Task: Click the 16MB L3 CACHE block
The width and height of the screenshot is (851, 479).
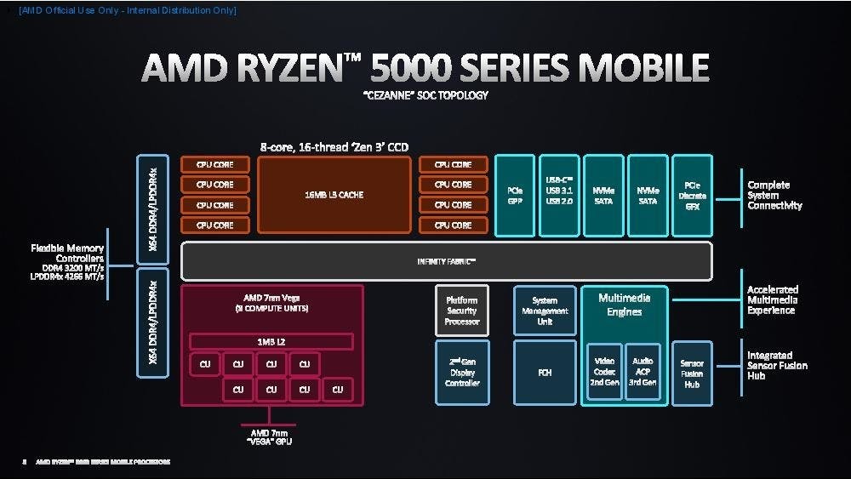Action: [334, 195]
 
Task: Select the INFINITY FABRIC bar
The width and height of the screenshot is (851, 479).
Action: [447, 260]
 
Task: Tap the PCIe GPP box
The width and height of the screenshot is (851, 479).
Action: [515, 195]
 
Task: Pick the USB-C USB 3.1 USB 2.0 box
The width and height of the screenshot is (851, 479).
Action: [559, 195]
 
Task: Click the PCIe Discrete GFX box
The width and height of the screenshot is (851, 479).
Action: [692, 195]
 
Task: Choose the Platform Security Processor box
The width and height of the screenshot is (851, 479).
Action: [462, 311]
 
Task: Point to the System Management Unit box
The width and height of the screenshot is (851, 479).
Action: [545, 311]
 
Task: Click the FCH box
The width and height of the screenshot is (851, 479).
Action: [545, 373]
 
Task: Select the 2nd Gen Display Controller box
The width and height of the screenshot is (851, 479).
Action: [462, 373]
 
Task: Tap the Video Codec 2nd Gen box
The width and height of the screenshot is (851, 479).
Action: [605, 372]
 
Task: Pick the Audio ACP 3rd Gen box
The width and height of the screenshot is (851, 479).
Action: [643, 372]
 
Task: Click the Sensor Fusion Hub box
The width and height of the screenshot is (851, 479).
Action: [692, 373]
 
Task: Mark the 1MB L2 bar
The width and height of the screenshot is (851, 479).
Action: [271, 341]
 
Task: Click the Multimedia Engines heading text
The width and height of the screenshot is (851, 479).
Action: [624, 305]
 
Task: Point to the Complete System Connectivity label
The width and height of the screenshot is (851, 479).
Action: [774, 195]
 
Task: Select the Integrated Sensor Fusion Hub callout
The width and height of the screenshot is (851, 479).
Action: [777, 365]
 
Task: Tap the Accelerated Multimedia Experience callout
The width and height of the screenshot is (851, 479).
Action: [773, 299]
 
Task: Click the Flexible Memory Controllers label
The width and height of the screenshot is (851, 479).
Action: [67, 253]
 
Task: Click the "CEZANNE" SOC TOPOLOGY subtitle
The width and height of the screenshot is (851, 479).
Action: [425, 95]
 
